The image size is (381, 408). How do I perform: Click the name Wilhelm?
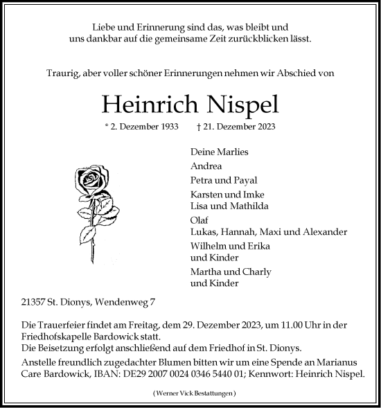209,247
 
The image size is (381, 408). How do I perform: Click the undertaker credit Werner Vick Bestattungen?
190,393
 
